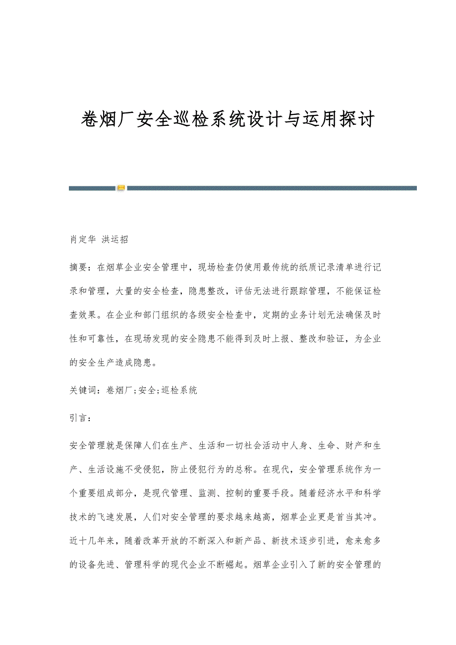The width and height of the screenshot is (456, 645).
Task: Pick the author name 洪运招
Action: [x=115, y=239]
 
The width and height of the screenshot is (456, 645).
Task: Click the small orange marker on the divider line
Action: [x=121, y=188]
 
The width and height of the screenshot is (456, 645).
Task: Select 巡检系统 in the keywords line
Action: [x=179, y=390]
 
